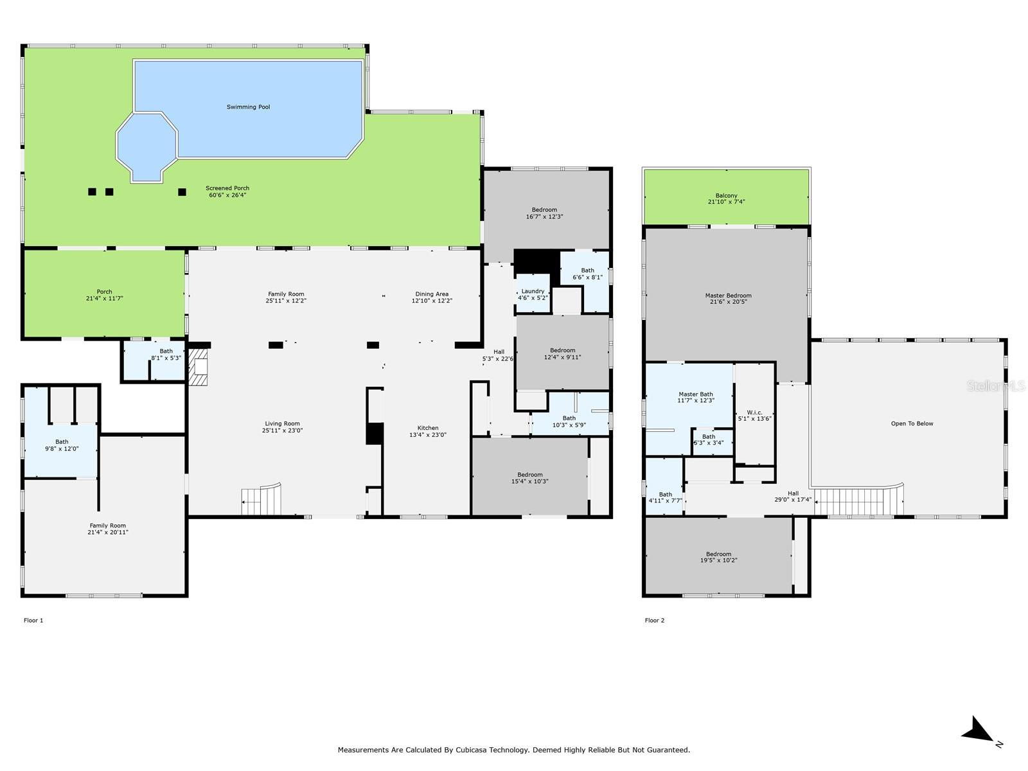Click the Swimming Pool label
(x=248, y=107)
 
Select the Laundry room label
(x=533, y=291)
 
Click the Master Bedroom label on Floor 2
(x=728, y=296)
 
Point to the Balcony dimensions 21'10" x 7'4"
(x=726, y=202)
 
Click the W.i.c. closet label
(x=754, y=412)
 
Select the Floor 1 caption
(x=33, y=620)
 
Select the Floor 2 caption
(x=655, y=620)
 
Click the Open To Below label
(x=912, y=423)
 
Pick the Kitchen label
(x=428, y=428)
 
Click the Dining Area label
(x=432, y=294)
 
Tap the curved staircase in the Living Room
(x=262, y=500)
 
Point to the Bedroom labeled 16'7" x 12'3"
(x=544, y=213)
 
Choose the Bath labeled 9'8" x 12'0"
(x=62, y=445)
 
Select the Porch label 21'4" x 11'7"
(x=104, y=295)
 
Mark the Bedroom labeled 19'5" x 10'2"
(x=718, y=557)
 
